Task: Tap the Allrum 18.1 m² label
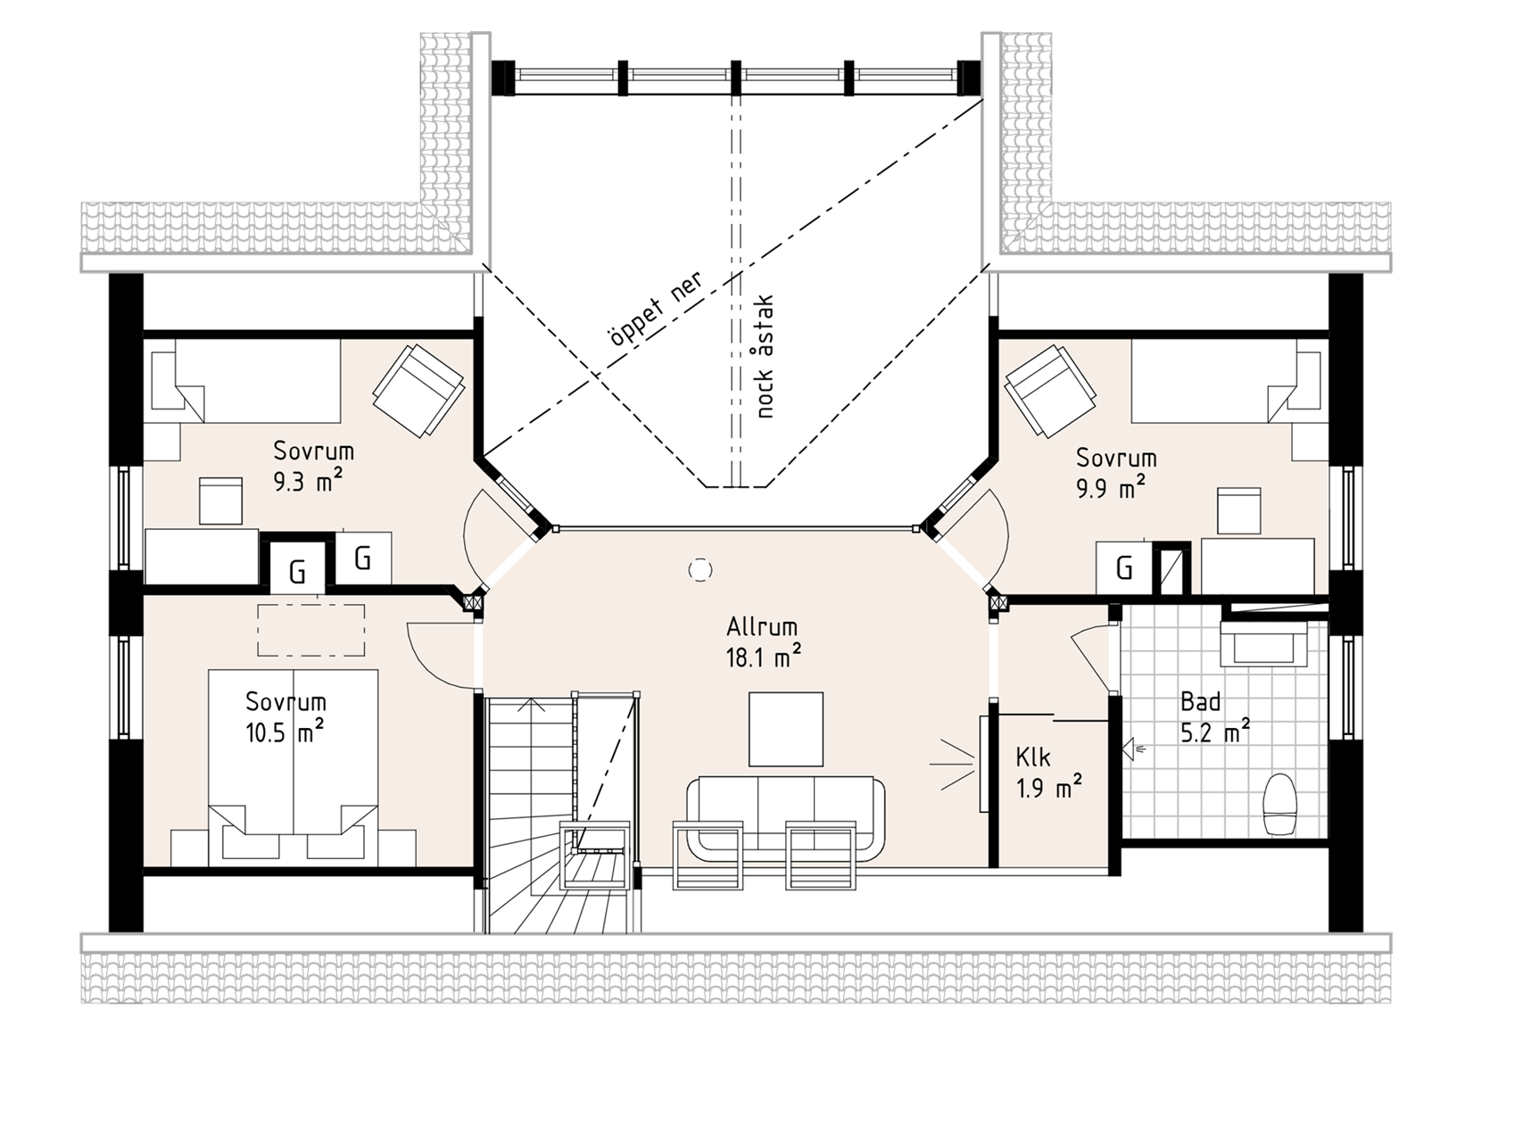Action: pyautogui.click(x=763, y=642)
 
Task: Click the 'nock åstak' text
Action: pyautogui.click(x=764, y=356)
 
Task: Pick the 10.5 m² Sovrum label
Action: pyautogui.click(x=285, y=717)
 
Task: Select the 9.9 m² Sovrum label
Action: pyautogui.click(x=1115, y=473)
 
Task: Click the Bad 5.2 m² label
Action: pyautogui.click(x=1214, y=716)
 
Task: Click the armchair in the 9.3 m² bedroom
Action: pyautogui.click(x=418, y=390)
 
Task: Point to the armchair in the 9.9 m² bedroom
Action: pyautogui.click(x=1050, y=390)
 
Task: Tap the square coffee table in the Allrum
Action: pyautogui.click(x=786, y=729)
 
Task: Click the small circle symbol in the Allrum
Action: pyautogui.click(x=700, y=569)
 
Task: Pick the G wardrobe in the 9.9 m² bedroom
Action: pyautogui.click(x=1124, y=567)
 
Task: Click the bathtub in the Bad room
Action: pyautogui.click(x=1263, y=643)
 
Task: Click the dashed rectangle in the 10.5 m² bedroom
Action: pyautogui.click(x=311, y=630)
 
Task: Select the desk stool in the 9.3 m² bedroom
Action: pyautogui.click(x=220, y=501)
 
